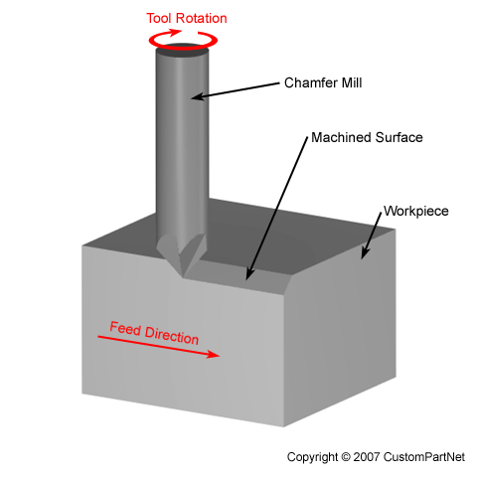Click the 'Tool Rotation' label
[x=186, y=18]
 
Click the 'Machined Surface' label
[x=367, y=137]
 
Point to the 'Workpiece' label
[x=414, y=213]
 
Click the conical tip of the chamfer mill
[x=183, y=254]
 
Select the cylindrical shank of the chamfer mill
[x=183, y=149]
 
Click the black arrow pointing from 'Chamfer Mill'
[x=239, y=90]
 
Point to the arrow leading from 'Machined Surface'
[x=277, y=209]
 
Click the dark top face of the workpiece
[x=298, y=234]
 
